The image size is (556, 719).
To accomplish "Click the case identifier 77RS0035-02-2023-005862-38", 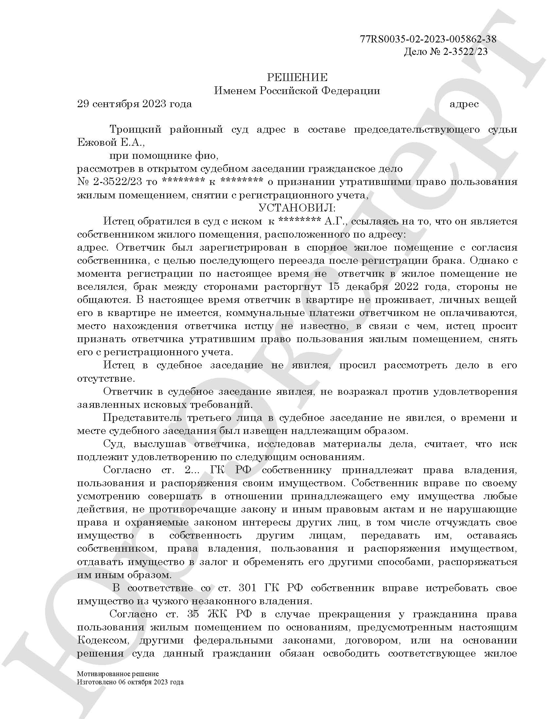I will (x=428, y=39).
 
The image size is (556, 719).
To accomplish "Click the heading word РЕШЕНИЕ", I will (x=297, y=77).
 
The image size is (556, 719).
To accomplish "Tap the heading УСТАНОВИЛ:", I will (x=297, y=208).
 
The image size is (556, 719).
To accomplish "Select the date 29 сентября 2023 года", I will (x=134, y=104).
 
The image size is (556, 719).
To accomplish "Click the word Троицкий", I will (x=135, y=129).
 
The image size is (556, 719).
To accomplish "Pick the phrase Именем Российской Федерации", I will (x=297, y=91).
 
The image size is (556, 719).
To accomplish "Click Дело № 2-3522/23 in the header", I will (x=446, y=52).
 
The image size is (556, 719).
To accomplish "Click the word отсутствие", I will (x=106, y=378).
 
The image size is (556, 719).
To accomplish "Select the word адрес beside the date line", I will (x=464, y=104).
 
